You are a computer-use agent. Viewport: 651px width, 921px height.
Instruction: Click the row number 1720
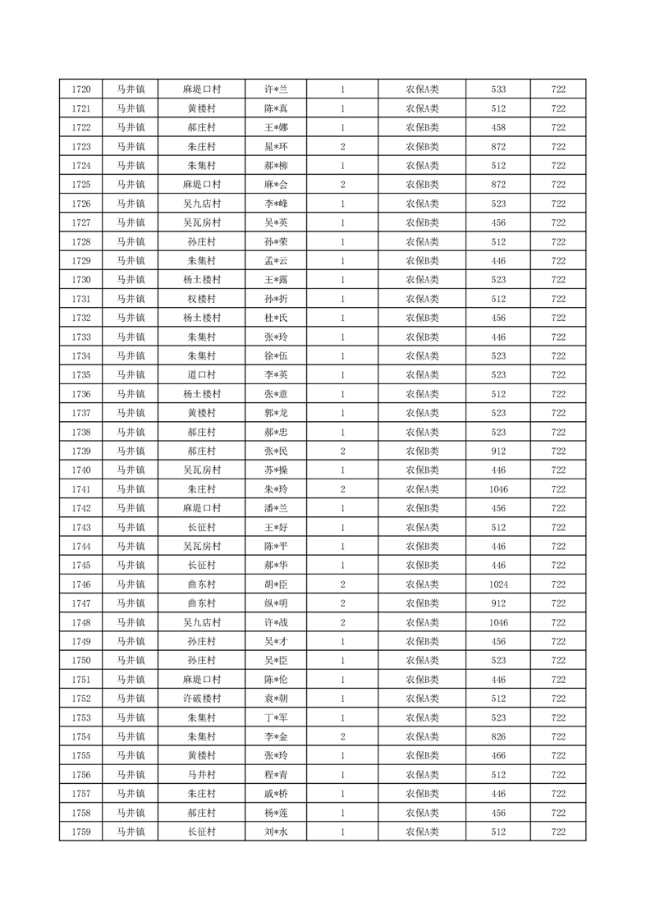[x=81, y=89]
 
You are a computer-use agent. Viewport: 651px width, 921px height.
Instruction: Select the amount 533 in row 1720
[x=498, y=89]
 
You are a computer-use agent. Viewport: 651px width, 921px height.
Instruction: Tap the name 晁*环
[x=276, y=147]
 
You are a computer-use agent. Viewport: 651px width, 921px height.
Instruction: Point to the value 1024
[x=498, y=584]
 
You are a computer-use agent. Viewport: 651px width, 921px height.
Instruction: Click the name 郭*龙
[x=276, y=413]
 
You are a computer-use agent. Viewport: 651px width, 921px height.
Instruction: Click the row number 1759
[x=81, y=832]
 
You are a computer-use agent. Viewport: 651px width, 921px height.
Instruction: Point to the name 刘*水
[x=276, y=832]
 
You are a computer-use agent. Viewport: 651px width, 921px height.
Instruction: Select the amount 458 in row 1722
[x=498, y=127]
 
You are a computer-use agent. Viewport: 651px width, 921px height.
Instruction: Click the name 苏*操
[x=276, y=470]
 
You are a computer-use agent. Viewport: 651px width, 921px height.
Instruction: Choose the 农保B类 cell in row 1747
[x=422, y=603]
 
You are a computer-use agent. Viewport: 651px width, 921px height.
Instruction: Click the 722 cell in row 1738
[x=558, y=432]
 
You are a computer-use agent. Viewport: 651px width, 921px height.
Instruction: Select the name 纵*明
[x=276, y=603]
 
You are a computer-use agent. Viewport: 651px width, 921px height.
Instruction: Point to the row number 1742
[x=81, y=508]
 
